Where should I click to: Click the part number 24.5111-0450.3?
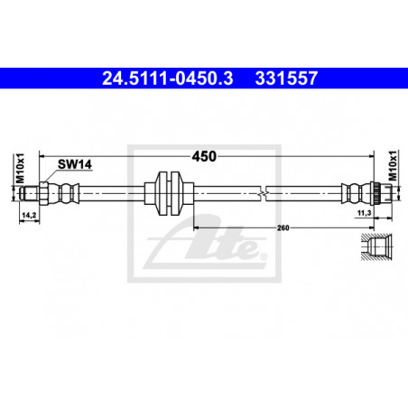tap(168, 79)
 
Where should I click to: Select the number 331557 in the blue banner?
tap(286, 79)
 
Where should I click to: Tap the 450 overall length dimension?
tap(204, 156)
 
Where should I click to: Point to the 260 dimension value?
tap(283, 227)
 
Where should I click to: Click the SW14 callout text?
tap(75, 164)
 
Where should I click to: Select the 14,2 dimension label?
tap(29, 215)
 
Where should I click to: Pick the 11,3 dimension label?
tap(364, 213)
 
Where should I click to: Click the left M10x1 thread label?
tap(20, 168)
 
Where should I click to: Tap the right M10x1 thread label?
tap(393, 165)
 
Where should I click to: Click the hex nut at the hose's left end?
tap(43, 193)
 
